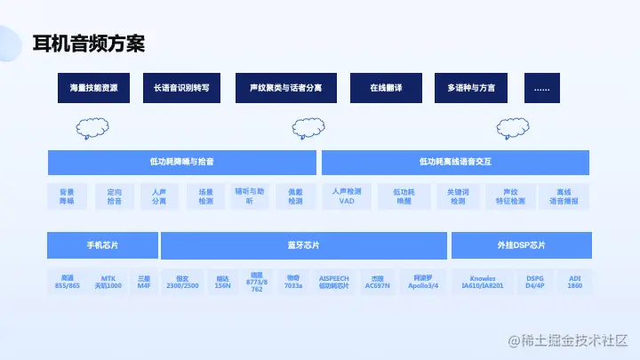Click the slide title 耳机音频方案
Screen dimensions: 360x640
[88, 43]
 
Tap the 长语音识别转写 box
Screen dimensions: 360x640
[180, 88]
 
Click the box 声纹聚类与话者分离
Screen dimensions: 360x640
[286, 88]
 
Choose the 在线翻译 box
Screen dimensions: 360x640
[386, 88]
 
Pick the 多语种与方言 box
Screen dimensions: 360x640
[471, 88]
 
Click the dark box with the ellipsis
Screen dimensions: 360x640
[542, 88]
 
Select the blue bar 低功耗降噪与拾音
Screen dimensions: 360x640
[181, 163]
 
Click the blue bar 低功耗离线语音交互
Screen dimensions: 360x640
[455, 163]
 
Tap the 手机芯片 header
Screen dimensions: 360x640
[102, 245]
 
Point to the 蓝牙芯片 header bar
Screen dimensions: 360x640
[303, 245]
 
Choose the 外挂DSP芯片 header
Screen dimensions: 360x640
[521, 245]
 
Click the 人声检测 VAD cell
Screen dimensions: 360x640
[347, 196]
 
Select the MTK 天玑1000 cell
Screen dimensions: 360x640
[108, 282]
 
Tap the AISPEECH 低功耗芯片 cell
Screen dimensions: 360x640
[334, 282]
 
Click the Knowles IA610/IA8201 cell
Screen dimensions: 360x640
[483, 282]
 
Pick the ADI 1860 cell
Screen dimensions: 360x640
[575, 282]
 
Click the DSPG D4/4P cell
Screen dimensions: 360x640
[535, 282]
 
